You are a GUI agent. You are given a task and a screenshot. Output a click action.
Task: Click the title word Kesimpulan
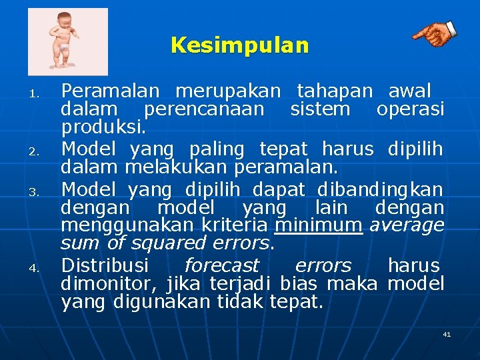[x=240, y=45]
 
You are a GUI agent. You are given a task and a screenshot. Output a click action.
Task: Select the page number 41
[x=447, y=334]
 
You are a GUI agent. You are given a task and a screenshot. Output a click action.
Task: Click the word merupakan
[x=227, y=90]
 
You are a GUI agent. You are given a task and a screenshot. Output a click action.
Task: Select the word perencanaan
[x=204, y=109]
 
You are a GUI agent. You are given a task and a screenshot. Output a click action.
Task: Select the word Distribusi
[x=105, y=265]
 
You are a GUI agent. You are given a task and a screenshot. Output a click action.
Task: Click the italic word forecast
[x=221, y=265]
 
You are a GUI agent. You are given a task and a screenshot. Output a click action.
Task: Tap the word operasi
[x=410, y=109]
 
